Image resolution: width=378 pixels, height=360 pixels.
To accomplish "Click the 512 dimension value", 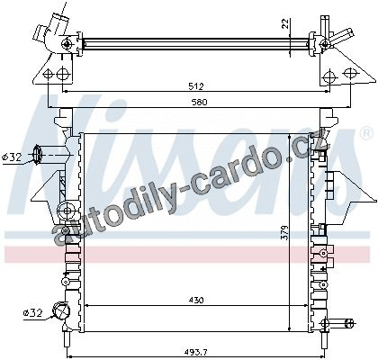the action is pos(196,86).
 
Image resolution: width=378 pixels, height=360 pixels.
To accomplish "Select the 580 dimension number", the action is pos(200,102).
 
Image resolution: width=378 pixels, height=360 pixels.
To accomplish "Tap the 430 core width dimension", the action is pos(196,300).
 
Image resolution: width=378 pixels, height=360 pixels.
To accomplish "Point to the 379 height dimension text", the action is pos(285,232).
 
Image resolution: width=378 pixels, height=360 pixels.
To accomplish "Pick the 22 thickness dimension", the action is pos(285,23).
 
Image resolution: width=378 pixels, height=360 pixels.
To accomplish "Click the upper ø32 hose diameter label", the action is pos(12,157).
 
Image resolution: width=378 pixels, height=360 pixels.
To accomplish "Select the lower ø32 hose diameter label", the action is pos(33,313).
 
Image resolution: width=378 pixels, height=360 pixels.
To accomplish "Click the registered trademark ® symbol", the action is pos(365,134).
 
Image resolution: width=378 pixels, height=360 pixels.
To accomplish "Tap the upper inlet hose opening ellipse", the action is pos(38,155).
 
